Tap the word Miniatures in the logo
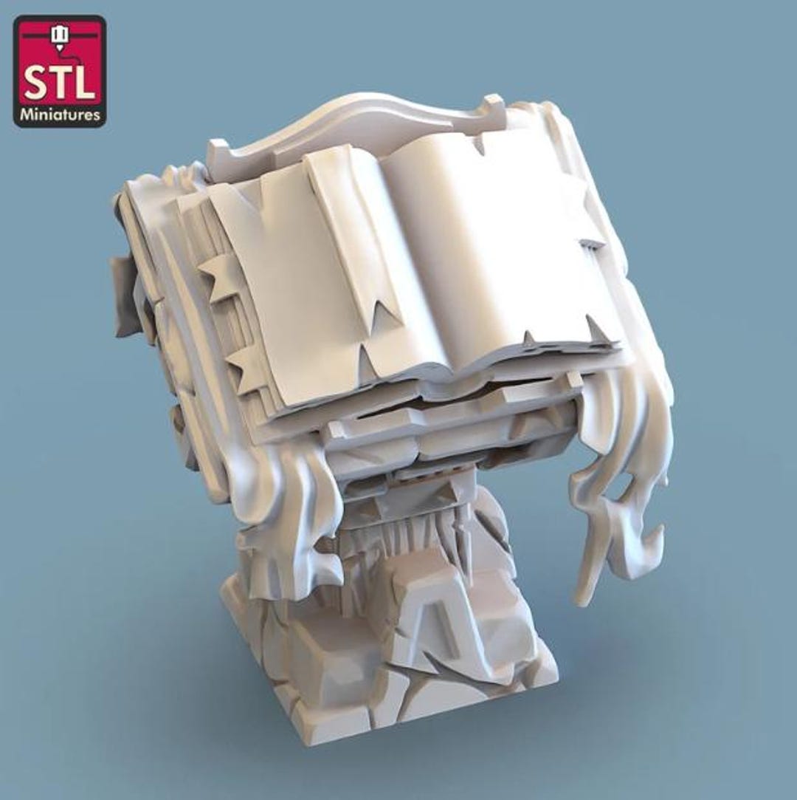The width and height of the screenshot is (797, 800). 60,114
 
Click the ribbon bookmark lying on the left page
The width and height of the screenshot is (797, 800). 351,255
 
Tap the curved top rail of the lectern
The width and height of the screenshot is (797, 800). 356,123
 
